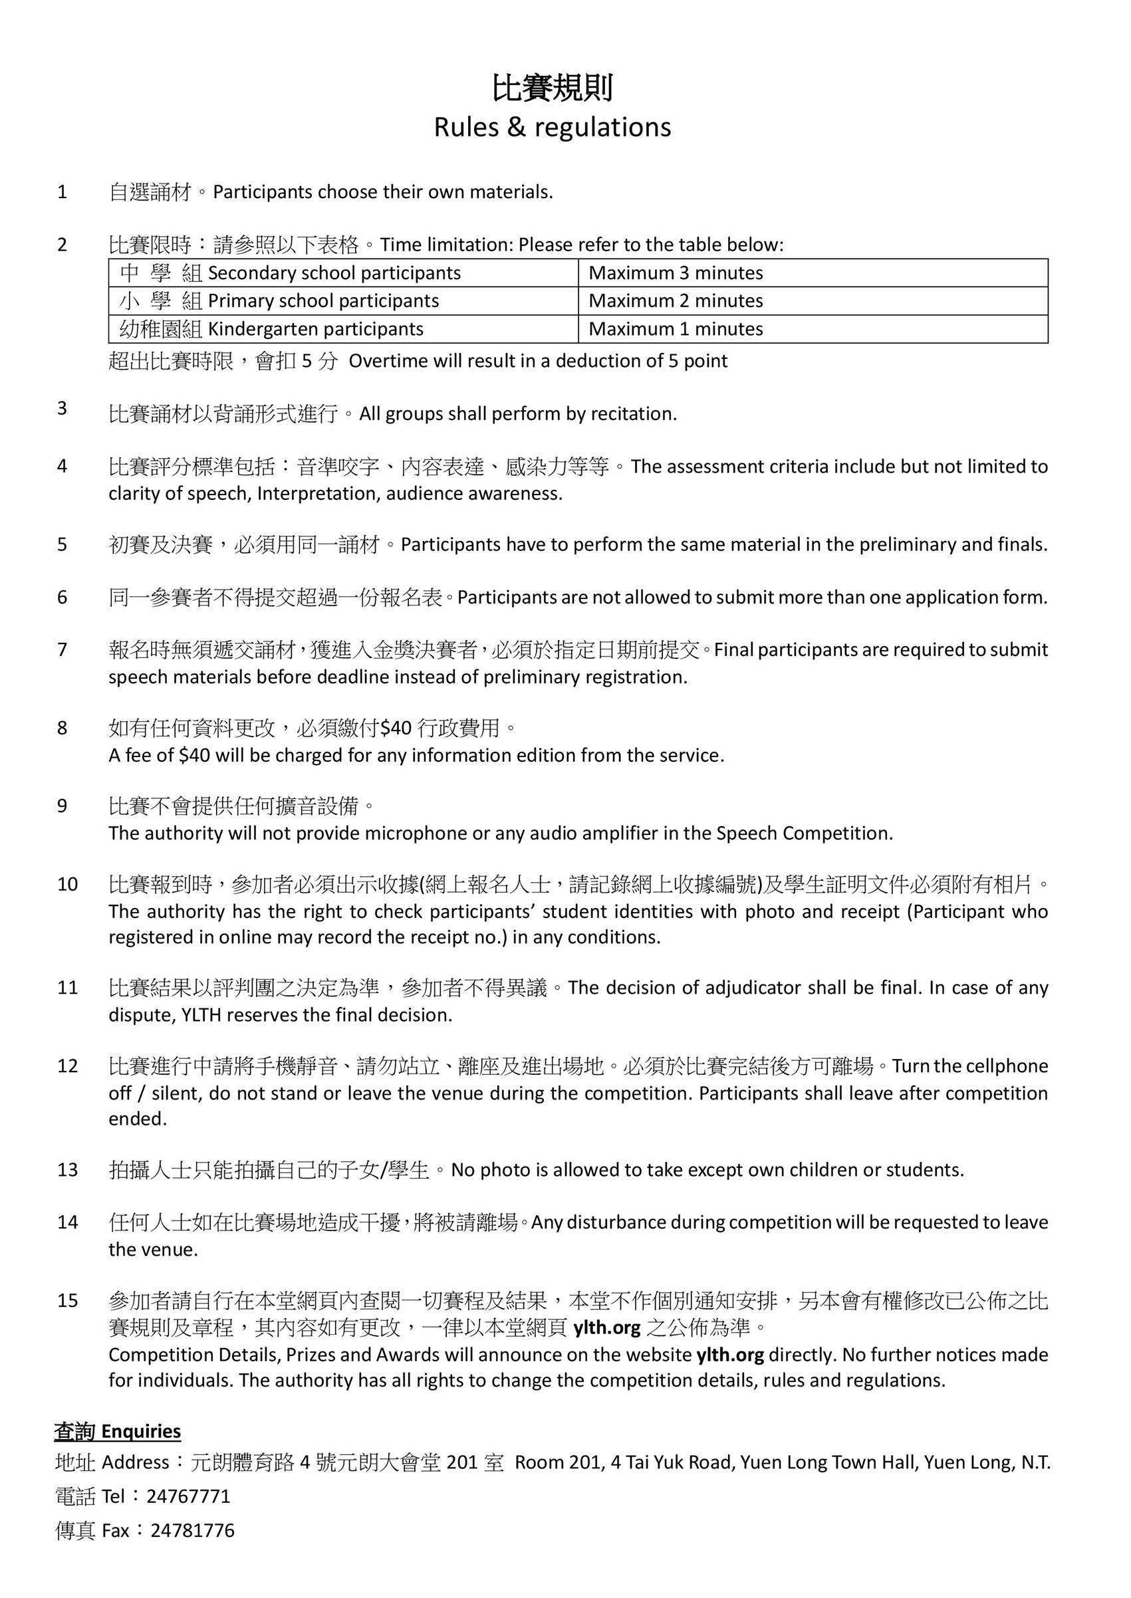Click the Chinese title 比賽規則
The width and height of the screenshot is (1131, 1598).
[x=553, y=89]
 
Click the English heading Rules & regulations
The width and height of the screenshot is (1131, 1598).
[x=553, y=128]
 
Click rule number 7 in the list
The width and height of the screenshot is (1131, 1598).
[x=63, y=649]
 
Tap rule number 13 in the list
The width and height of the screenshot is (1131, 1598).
[x=68, y=1170]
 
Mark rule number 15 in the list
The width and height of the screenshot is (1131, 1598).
[x=68, y=1301]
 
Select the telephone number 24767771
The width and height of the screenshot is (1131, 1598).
[x=188, y=1496]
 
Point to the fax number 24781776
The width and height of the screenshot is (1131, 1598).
[x=192, y=1530]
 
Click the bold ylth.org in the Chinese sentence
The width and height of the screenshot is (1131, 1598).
[x=606, y=1329]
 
